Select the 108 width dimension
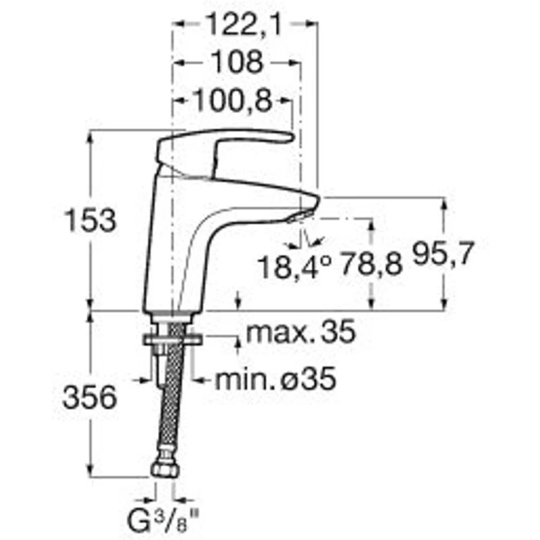(235, 63)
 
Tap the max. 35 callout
(300, 332)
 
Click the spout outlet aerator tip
(300, 216)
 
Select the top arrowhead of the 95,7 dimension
(443, 202)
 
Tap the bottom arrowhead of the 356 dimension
(90, 473)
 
